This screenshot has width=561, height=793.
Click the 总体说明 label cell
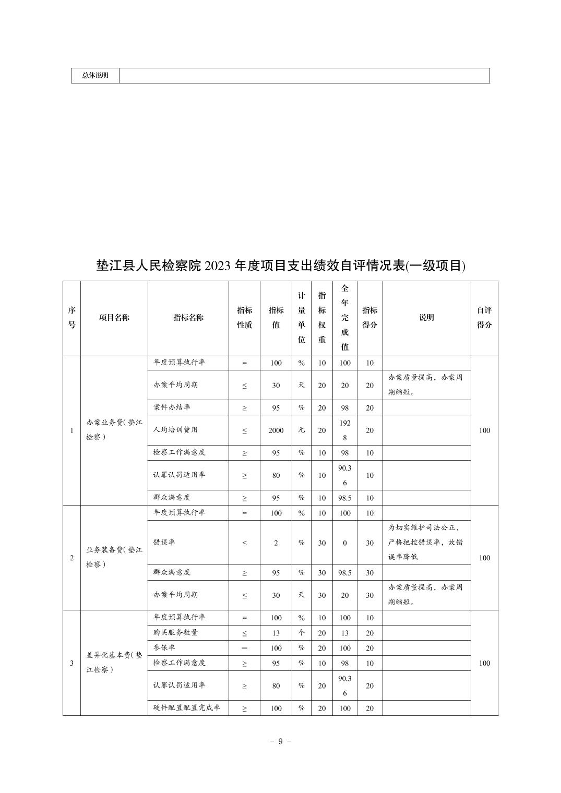tap(95, 76)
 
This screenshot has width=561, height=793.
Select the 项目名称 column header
tap(114, 318)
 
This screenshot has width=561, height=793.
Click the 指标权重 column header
tap(322, 318)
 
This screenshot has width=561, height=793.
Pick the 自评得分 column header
tap(484, 318)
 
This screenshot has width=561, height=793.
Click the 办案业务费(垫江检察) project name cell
tap(114, 430)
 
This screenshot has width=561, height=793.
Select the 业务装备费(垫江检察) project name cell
tap(114, 557)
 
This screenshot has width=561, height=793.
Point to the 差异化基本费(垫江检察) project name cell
tap(114, 663)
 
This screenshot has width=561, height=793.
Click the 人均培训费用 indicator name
tap(175, 430)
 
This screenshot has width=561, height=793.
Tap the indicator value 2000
tap(276, 430)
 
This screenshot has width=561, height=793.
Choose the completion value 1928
tap(344, 430)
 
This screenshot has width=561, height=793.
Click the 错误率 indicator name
tap(164, 543)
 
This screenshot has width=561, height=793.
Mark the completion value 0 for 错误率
tap(344, 543)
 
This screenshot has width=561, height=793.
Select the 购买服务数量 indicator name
tap(175, 632)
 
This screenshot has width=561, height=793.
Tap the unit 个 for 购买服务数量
tap(301, 633)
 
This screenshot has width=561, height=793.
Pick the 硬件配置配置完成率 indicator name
tap(187, 708)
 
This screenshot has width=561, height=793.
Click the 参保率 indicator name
tap(164, 647)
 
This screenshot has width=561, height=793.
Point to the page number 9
tap(280, 741)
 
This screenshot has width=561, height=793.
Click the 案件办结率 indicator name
tap(172, 407)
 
